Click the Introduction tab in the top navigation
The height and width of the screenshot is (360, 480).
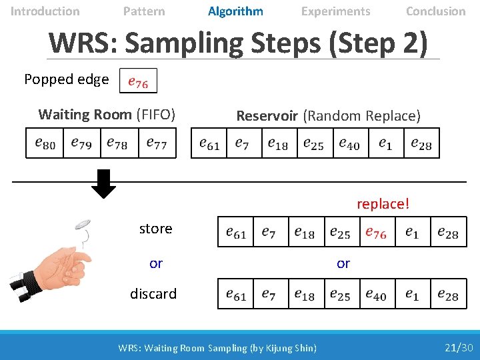point(45,11)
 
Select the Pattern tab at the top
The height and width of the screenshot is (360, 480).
point(144,11)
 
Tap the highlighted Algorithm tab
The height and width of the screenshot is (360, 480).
point(235,11)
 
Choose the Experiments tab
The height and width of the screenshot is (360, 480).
point(335,11)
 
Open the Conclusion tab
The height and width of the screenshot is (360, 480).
point(435,11)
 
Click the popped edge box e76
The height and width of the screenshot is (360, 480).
point(138,81)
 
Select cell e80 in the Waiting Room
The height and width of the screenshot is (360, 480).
point(45,143)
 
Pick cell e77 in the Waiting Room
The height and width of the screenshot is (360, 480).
point(157,143)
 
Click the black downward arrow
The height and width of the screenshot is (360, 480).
point(103,184)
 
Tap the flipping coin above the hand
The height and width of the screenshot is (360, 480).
point(84,227)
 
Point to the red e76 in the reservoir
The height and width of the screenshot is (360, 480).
point(376,232)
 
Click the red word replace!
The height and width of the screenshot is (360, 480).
point(383,204)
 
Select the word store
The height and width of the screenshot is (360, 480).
point(155,229)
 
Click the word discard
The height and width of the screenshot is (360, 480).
point(153,294)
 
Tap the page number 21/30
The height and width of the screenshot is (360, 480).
point(458,347)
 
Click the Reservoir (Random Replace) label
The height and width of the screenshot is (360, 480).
point(328,116)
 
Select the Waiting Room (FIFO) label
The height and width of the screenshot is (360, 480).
point(107,115)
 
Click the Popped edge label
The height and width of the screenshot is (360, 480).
point(66,79)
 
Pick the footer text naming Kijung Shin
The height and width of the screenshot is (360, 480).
point(217,348)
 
